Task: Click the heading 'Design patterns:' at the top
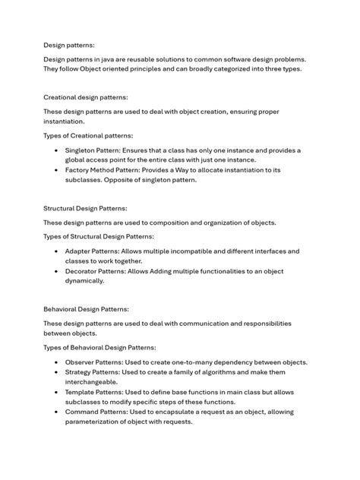click(69, 45)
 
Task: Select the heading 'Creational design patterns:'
click(85, 97)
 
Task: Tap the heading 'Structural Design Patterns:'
click(85, 208)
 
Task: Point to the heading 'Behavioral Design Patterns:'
click(86, 309)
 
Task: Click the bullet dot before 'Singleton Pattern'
click(56, 150)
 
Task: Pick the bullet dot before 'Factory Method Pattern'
click(56, 170)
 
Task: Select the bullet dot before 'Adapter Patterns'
click(56, 251)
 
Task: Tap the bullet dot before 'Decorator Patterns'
click(56, 270)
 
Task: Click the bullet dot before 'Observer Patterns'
click(56, 362)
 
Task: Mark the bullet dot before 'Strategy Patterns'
click(56, 372)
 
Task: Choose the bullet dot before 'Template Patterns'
click(56, 392)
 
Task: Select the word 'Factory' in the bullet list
click(78, 170)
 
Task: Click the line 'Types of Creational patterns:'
click(88, 136)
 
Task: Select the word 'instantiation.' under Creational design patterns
click(64, 122)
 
